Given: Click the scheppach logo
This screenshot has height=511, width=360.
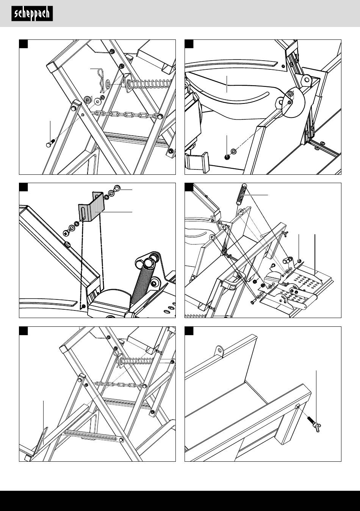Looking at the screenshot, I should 32,14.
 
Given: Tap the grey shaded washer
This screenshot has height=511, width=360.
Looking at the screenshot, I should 88,100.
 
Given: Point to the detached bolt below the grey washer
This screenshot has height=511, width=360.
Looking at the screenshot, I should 50,144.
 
